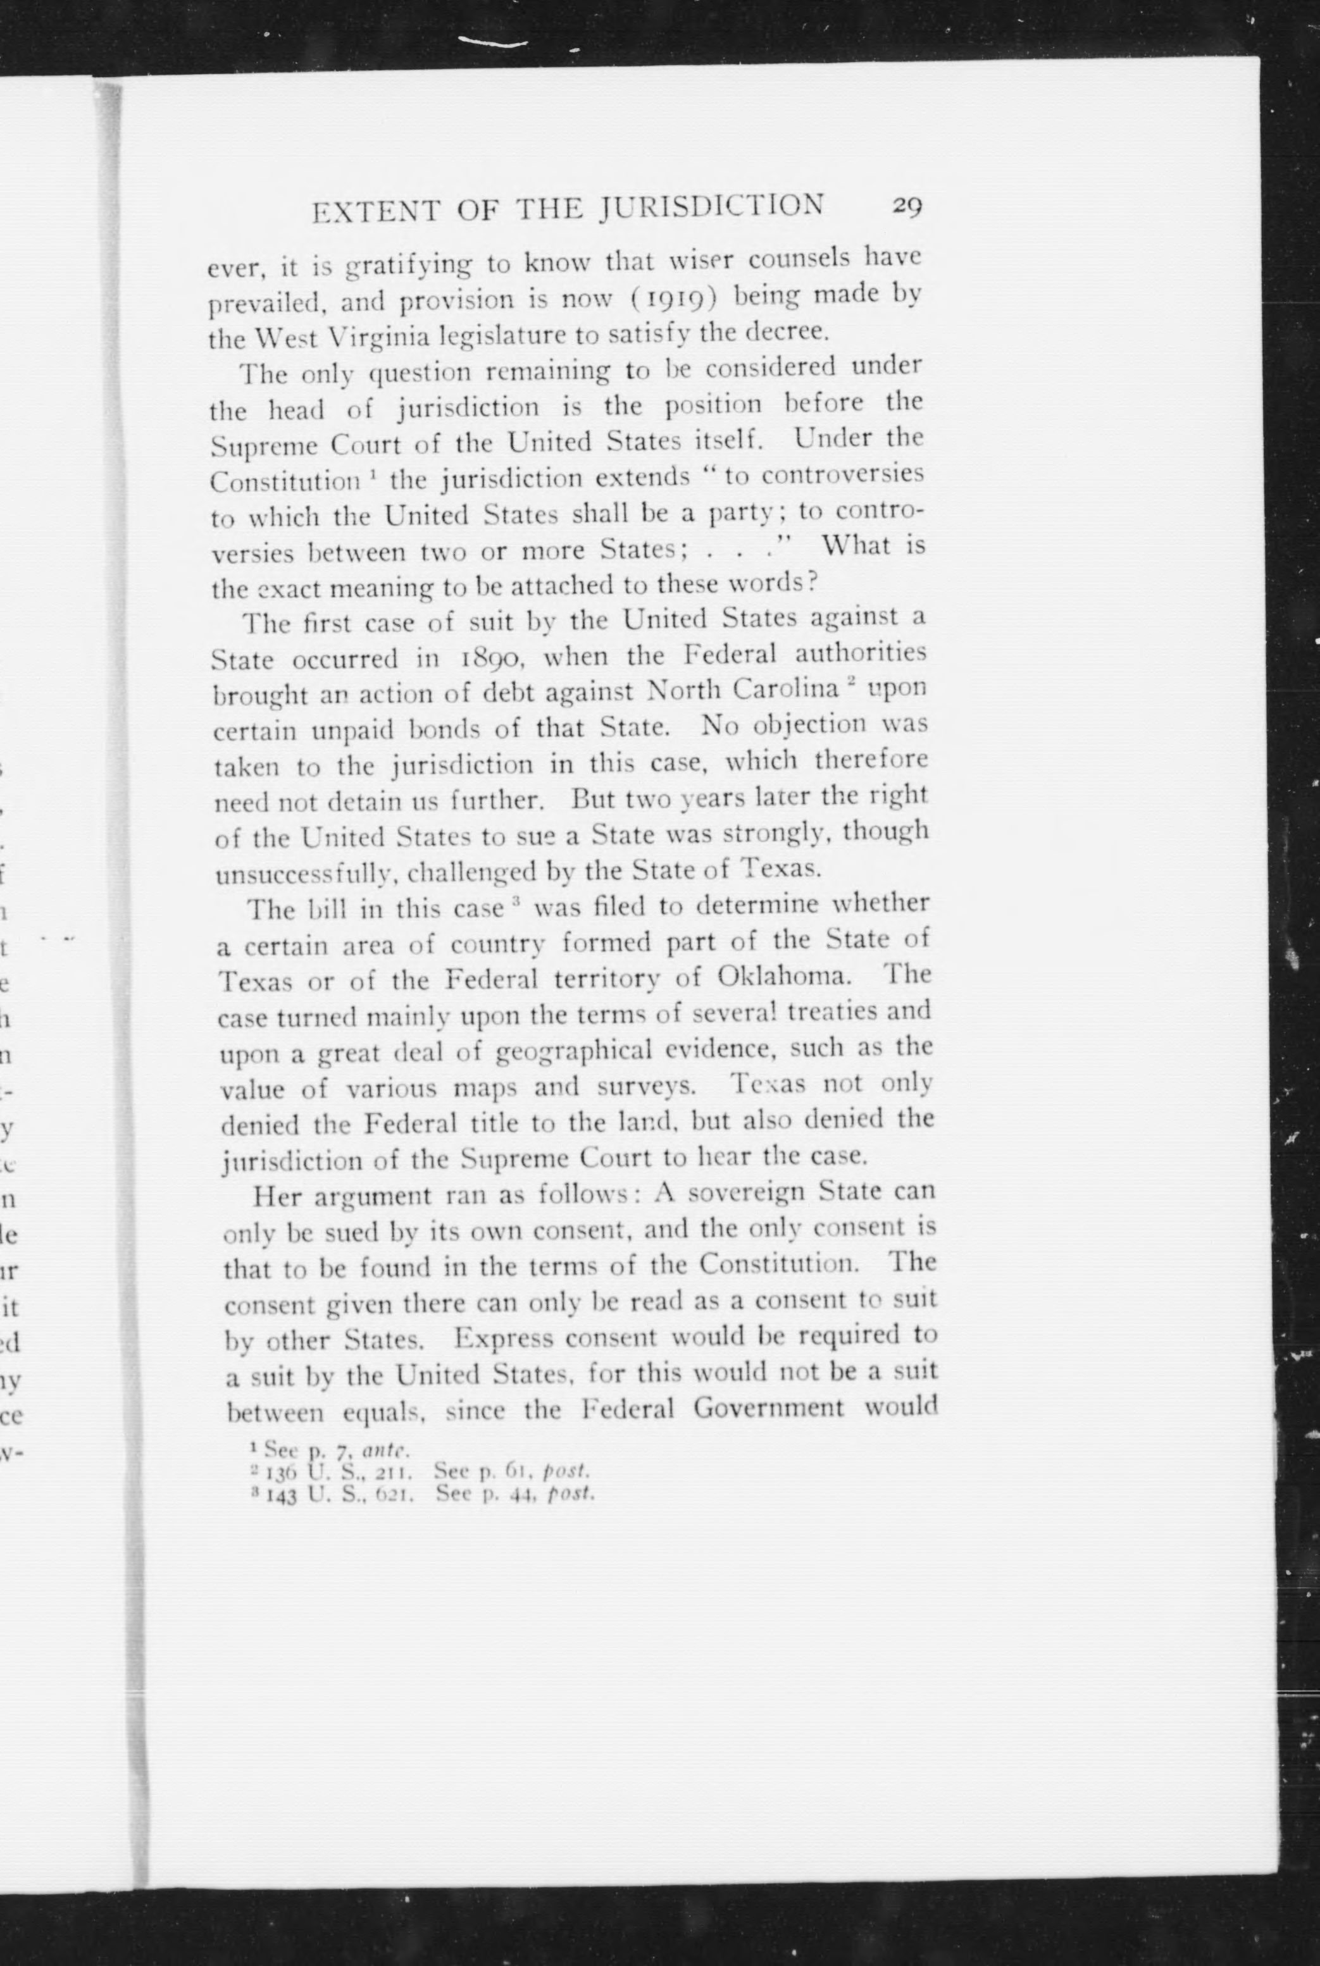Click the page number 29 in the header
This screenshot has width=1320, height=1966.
pyautogui.click(x=907, y=207)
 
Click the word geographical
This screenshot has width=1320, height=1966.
pyautogui.click(x=587, y=1052)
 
